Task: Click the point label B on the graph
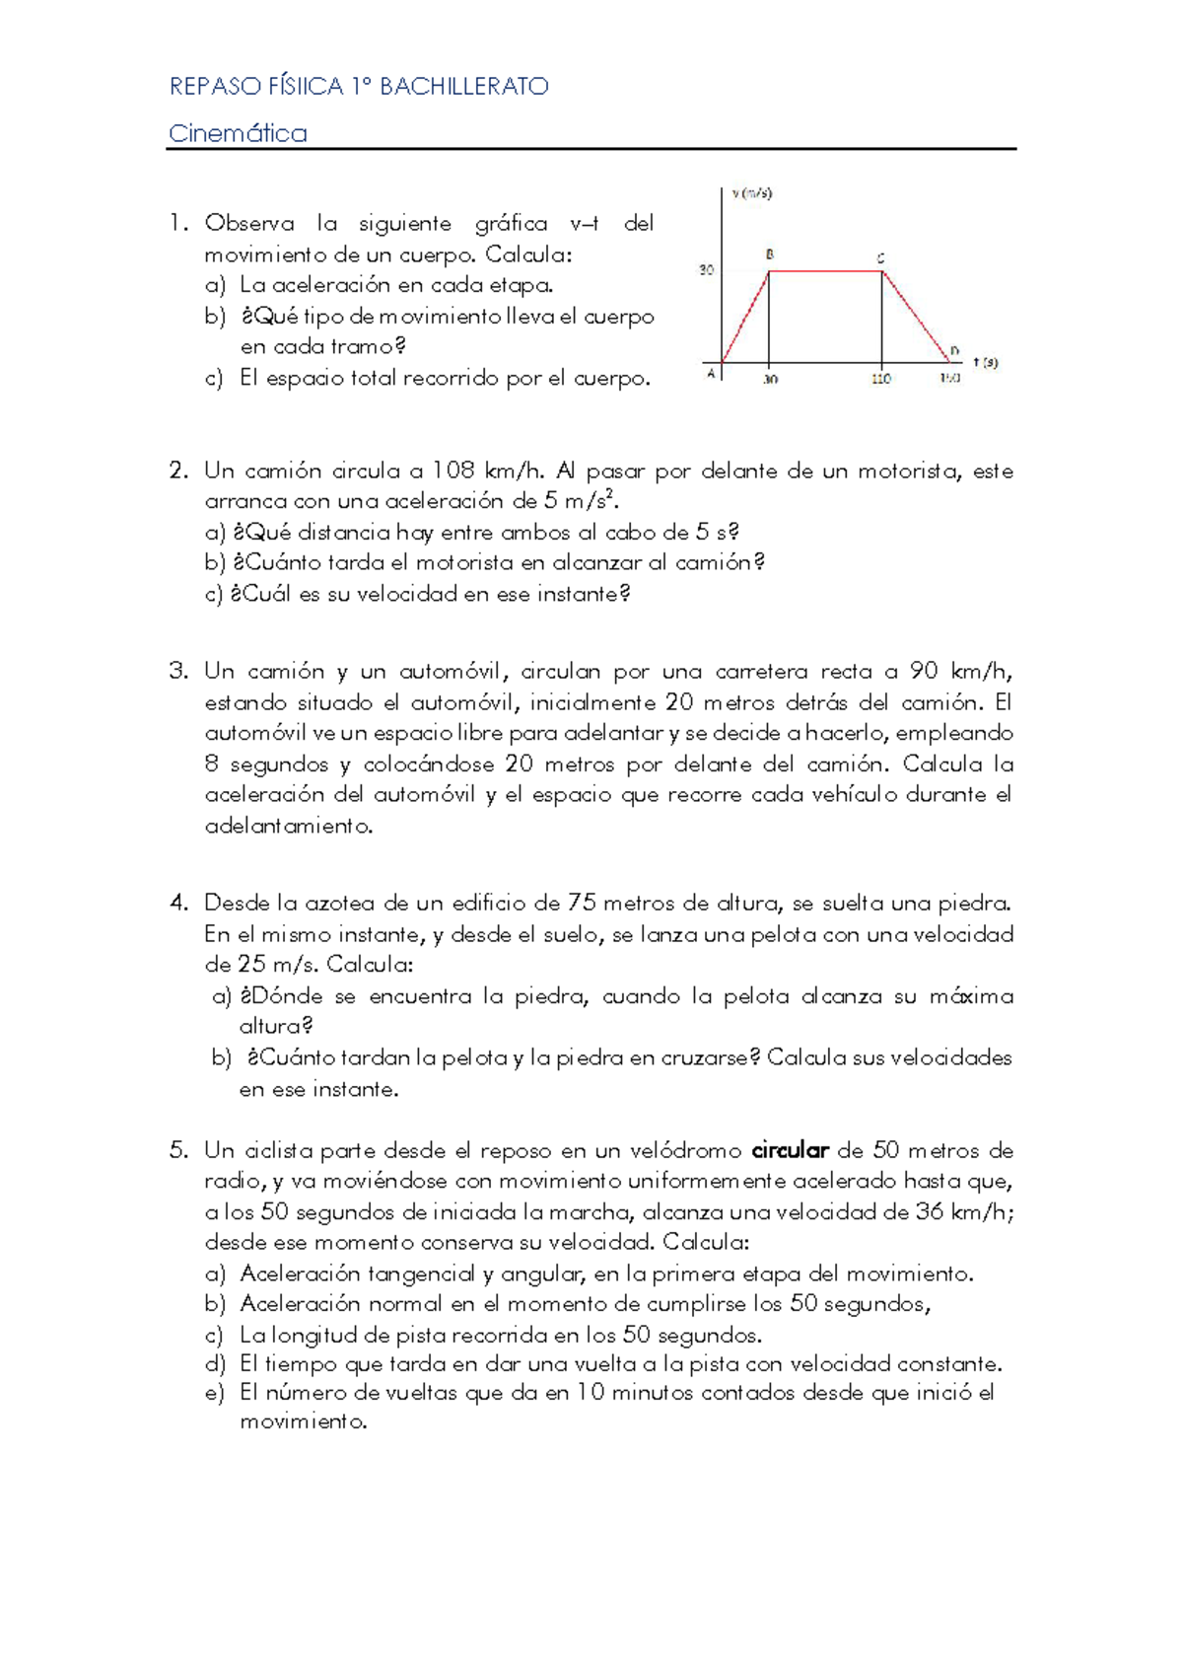pos(770,255)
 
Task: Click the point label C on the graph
pos(881,258)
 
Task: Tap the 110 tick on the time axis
pos(880,379)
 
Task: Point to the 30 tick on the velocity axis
pos(706,269)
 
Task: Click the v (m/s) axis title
pos(751,193)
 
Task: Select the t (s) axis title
pos(985,362)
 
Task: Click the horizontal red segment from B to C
pos(825,270)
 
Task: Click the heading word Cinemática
pos(238,133)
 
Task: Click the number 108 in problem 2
pos(453,471)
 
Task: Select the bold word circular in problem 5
pos(790,1150)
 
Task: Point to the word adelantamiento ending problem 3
pos(288,826)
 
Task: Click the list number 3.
pos(177,672)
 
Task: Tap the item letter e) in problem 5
pos(215,1393)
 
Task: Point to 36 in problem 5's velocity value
pos(930,1211)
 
